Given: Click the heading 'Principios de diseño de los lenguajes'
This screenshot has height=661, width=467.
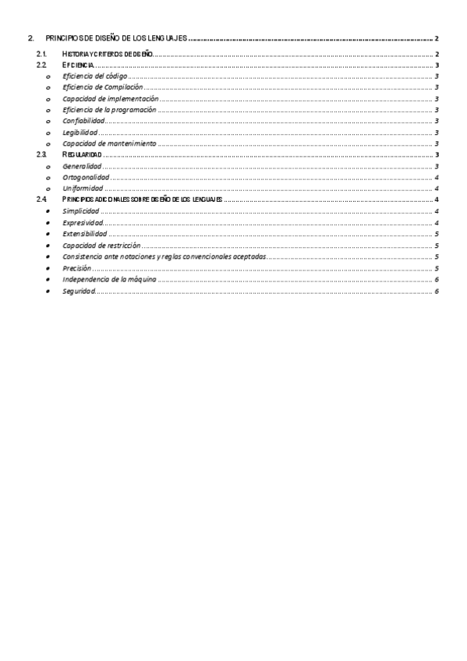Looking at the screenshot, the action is (117, 38).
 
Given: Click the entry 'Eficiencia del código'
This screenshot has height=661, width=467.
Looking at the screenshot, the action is (95, 76).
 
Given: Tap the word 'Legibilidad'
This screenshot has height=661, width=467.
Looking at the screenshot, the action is (80, 133).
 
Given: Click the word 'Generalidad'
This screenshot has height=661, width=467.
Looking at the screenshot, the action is (83, 166).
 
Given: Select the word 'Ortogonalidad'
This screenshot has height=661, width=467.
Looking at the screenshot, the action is (86, 178).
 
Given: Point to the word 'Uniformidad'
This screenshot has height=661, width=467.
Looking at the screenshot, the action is (83, 189).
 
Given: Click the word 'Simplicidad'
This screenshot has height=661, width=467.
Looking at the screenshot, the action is (80, 211).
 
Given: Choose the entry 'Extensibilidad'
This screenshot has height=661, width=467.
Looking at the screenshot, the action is (85, 234).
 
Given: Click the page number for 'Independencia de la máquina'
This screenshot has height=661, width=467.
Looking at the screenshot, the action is (437, 279).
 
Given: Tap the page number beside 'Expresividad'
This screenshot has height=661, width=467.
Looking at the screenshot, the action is (437, 223).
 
